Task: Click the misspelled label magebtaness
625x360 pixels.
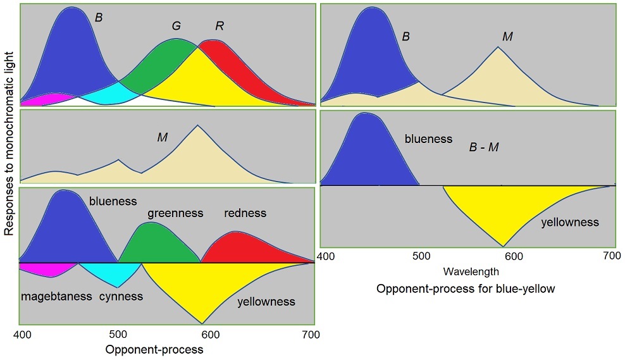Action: tap(56, 296)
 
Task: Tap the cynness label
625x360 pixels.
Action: tap(121, 296)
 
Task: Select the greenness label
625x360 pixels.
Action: tap(175, 213)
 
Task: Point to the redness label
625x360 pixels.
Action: tap(245, 213)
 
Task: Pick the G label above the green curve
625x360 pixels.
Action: tap(176, 27)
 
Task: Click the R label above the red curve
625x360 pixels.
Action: tap(220, 27)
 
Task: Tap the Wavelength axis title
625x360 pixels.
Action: tap(471, 272)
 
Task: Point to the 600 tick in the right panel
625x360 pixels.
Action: tap(513, 256)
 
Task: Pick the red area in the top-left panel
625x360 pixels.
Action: tap(253, 76)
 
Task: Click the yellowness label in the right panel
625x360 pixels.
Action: tap(569, 222)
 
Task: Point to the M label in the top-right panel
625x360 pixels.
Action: tap(507, 37)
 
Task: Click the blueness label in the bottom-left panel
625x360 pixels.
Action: tap(113, 201)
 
